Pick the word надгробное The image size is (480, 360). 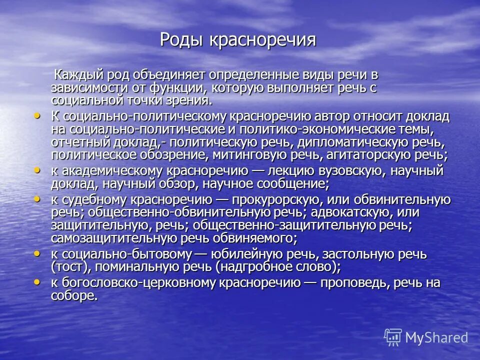pyautogui.click(x=248, y=267)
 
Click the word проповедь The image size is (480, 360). pyautogui.click(x=348, y=283)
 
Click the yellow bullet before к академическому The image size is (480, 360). pyautogui.click(x=37, y=170)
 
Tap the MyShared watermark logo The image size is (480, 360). pyautogui.click(x=426, y=337)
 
